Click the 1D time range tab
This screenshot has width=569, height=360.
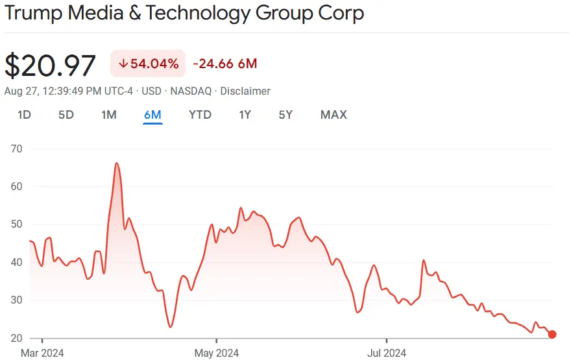[24, 115]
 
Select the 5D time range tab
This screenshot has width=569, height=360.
[66, 115]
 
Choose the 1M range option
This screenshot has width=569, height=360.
[109, 115]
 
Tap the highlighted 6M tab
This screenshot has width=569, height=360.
[152, 115]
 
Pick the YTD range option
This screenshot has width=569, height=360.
[200, 115]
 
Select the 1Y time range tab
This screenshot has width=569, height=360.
[245, 115]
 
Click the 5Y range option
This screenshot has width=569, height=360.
[285, 115]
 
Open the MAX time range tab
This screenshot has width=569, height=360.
[333, 115]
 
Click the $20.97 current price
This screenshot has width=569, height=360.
[51, 66]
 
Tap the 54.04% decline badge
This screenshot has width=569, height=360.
[149, 64]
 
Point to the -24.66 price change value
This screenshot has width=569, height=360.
[213, 64]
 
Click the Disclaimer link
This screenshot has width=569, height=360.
[245, 91]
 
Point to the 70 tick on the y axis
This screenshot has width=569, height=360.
[16, 149]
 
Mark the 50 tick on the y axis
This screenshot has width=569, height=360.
[16, 224]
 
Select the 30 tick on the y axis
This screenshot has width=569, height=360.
[16, 300]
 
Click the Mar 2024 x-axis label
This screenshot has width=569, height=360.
[43, 352]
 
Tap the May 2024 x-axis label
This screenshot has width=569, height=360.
[216, 352]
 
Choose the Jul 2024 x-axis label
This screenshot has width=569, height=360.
[387, 352]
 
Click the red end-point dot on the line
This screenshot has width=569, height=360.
[552, 335]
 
